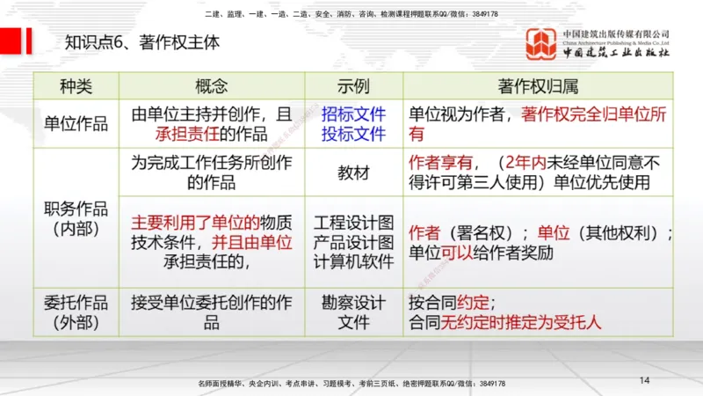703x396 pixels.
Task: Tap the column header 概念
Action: tap(211, 86)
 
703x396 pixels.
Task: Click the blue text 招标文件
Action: tap(353, 114)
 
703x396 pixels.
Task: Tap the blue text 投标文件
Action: tap(353, 134)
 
